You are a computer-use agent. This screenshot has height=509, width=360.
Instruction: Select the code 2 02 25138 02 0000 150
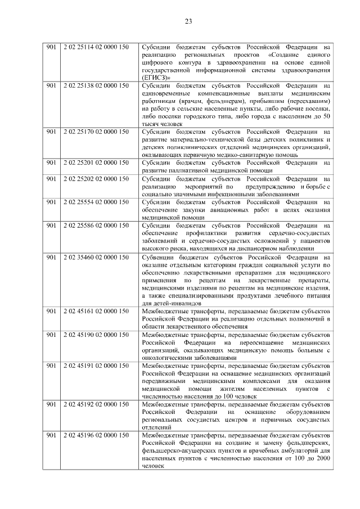click(97, 84)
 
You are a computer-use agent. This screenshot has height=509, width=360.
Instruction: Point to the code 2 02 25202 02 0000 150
click(97, 178)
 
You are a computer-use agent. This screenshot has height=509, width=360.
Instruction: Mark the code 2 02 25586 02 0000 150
click(97, 226)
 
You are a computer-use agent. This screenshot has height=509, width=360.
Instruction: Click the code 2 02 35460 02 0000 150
click(97, 257)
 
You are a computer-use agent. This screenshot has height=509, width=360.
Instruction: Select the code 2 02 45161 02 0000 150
click(97, 310)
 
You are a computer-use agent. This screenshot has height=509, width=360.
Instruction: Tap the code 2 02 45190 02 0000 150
click(97, 334)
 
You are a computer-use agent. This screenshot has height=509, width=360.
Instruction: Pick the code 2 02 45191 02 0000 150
click(97, 366)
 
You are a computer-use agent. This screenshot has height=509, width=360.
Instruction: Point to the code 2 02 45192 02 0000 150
click(97, 405)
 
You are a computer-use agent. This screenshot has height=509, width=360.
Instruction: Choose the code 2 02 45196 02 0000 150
click(97, 436)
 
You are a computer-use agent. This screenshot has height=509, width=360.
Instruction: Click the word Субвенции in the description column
click(159, 257)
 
